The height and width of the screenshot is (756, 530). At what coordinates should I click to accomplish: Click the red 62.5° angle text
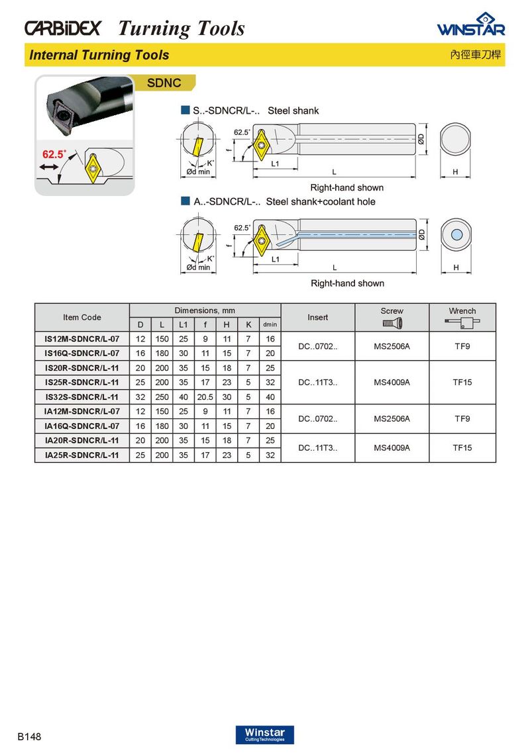pyautogui.click(x=54, y=154)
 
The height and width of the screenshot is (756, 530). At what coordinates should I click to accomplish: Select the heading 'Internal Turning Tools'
pyautogui.click(x=99, y=55)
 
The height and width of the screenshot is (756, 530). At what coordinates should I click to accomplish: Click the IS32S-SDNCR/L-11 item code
pyautogui.click(x=81, y=397)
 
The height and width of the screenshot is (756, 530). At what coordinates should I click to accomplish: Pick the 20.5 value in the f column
pyautogui.click(x=205, y=397)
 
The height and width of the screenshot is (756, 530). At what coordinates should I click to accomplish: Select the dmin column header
pyautogui.click(x=270, y=324)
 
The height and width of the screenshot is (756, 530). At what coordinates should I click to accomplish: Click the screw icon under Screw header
pyautogui.click(x=392, y=323)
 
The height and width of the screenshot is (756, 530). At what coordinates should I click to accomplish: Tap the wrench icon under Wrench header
pyautogui.click(x=462, y=323)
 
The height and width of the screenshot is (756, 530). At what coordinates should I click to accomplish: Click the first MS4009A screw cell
pyautogui.click(x=392, y=382)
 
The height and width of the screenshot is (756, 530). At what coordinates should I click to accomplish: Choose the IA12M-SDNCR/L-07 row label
pyautogui.click(x=81, y=411)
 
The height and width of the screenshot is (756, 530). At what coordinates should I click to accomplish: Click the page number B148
pyautogui.click(x=30, y=737)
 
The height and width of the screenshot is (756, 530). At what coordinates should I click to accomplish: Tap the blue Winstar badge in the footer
pyautogui.click(x=264, y=735)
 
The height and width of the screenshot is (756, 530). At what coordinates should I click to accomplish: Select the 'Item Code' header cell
pyautogui.click(x=81, y=317)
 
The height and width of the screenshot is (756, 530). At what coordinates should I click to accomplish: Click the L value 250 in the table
pyautogui.click(x=162, y=397)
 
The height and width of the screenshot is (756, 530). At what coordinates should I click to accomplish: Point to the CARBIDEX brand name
pyautogui.click(x=63, y=28)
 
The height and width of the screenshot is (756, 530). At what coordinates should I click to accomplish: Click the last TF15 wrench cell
pyautogui.click(x=462, y=448)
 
